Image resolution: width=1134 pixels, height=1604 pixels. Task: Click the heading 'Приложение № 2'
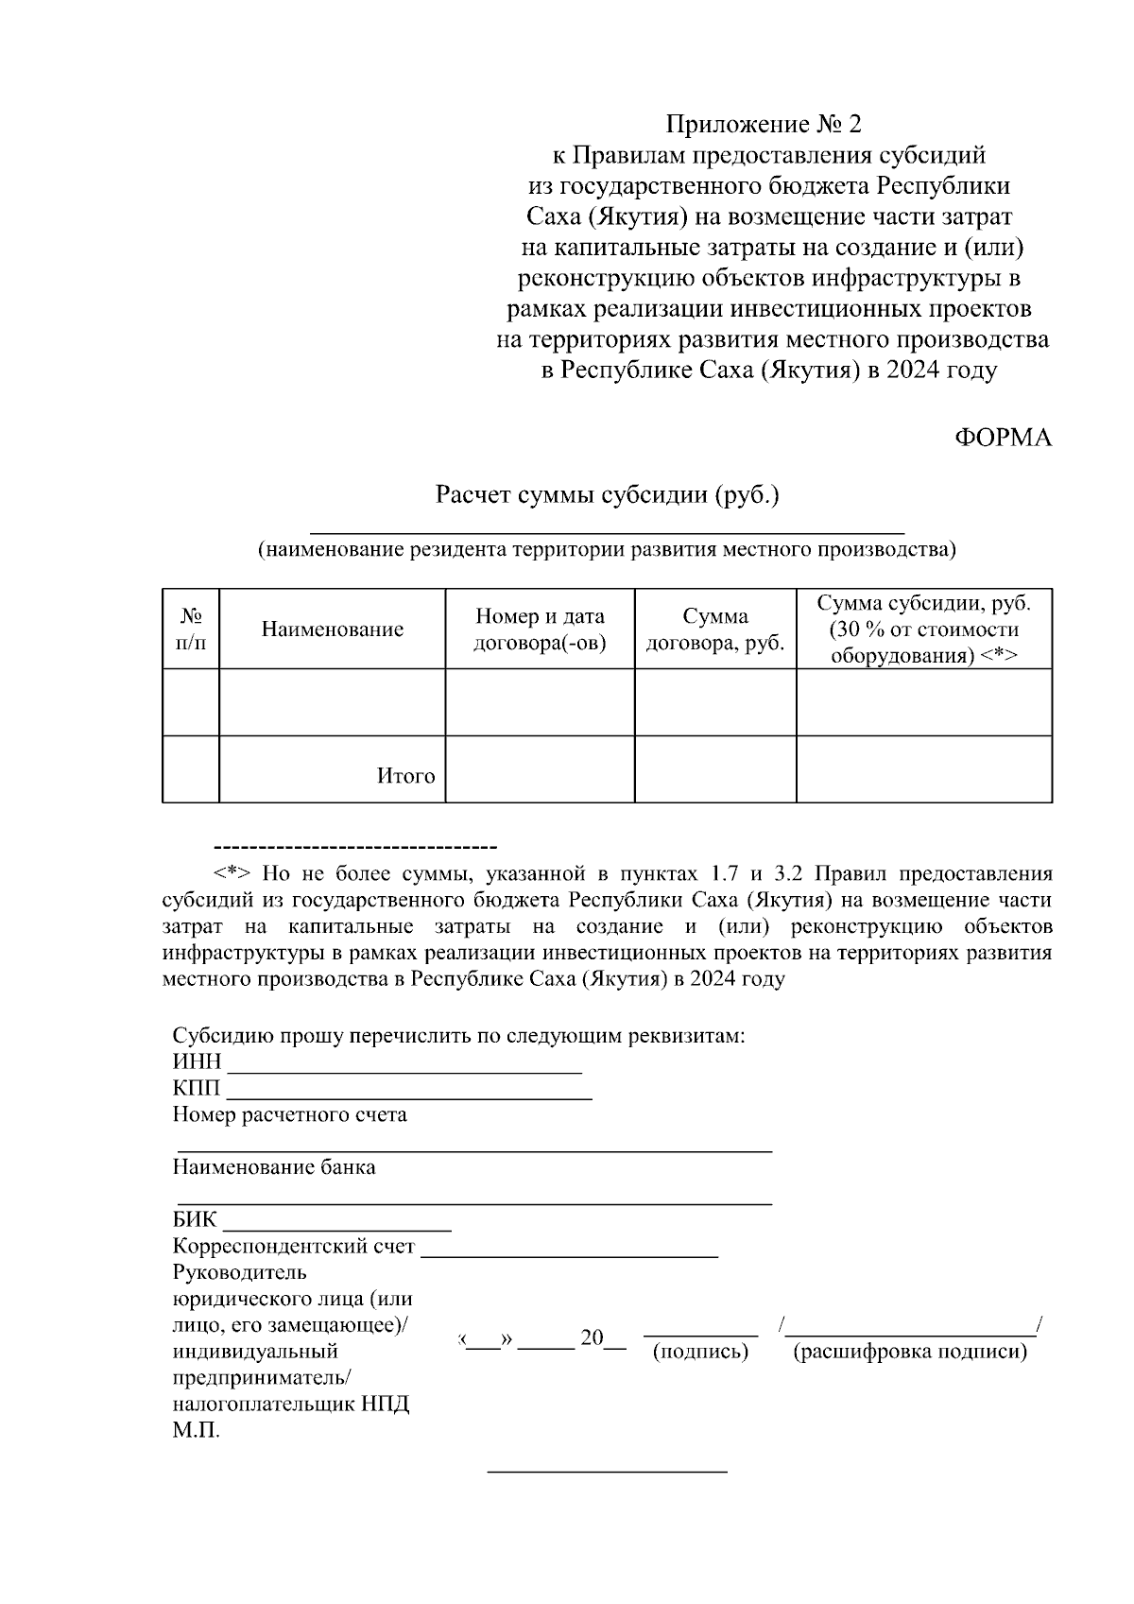coord(764,125)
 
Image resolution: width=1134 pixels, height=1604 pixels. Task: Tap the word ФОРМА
coord(1003,438)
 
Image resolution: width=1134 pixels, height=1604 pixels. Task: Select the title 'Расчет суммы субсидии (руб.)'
coord(607,494)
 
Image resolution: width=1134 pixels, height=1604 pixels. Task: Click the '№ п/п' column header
coord(191,630)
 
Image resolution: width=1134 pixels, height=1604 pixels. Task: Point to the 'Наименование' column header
coord(333,630)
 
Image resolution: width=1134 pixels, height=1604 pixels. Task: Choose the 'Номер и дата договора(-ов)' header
coord(540,630)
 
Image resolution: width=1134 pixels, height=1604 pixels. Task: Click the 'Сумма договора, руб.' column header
coord(715,630)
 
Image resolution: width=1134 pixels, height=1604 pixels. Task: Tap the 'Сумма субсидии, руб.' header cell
coord(923,630)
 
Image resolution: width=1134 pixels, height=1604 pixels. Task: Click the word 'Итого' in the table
coord(405,776)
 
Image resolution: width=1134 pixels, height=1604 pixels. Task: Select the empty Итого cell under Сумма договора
coord(715,769)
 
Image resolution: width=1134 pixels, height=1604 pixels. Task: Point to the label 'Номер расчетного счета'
coord(289,1114)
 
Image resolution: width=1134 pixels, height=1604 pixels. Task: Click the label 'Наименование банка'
coord(274,1167)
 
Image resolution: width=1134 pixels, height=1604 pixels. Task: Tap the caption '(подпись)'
coord(700,1352)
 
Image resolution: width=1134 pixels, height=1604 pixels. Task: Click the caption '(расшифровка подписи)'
coord(909,1352)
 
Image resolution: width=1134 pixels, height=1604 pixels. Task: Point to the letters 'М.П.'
coord(197,1431)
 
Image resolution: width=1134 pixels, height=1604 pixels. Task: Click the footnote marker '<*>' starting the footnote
coord(232,873)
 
